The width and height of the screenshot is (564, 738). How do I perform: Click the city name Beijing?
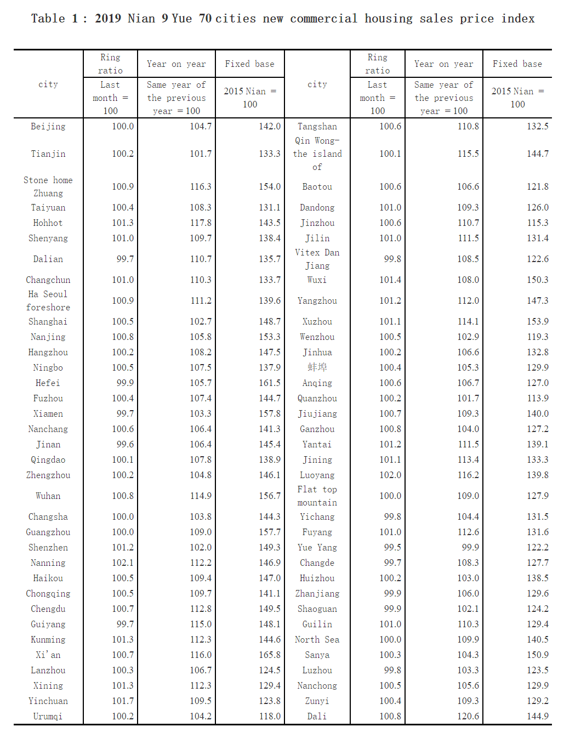(48, 127)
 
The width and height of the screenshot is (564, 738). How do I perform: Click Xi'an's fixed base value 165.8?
(270, 655)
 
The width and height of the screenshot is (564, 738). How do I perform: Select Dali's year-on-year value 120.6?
(468, 717)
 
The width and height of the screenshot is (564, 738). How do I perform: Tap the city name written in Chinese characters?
(317, 368)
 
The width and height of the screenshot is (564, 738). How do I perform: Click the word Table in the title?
(48, 19)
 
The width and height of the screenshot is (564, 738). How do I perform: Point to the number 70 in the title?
(206, 19)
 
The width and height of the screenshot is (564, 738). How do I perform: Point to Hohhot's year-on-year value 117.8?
(201, 223)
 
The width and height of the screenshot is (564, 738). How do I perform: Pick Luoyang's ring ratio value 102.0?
(390, 475)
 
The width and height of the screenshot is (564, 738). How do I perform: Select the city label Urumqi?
(48, 717)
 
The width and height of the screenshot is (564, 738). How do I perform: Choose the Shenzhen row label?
(48, 548)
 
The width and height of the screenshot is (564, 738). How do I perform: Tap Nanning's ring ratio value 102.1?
(123, 563)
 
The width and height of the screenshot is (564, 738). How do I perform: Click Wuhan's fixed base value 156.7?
(270, 496)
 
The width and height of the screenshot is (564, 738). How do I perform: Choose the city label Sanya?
(317, 655)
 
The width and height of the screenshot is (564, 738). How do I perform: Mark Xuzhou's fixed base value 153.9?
(538, 322)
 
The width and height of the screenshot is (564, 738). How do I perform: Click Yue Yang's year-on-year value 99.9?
(470, 548)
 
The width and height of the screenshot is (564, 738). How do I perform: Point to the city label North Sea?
(317, 640)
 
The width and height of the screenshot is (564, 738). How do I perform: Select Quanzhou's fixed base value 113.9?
(538, 399)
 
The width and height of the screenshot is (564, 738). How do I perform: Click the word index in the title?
(518, 19)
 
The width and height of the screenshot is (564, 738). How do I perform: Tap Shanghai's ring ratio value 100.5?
(123, 322)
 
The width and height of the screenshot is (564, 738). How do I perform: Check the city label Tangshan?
(317, 127)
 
